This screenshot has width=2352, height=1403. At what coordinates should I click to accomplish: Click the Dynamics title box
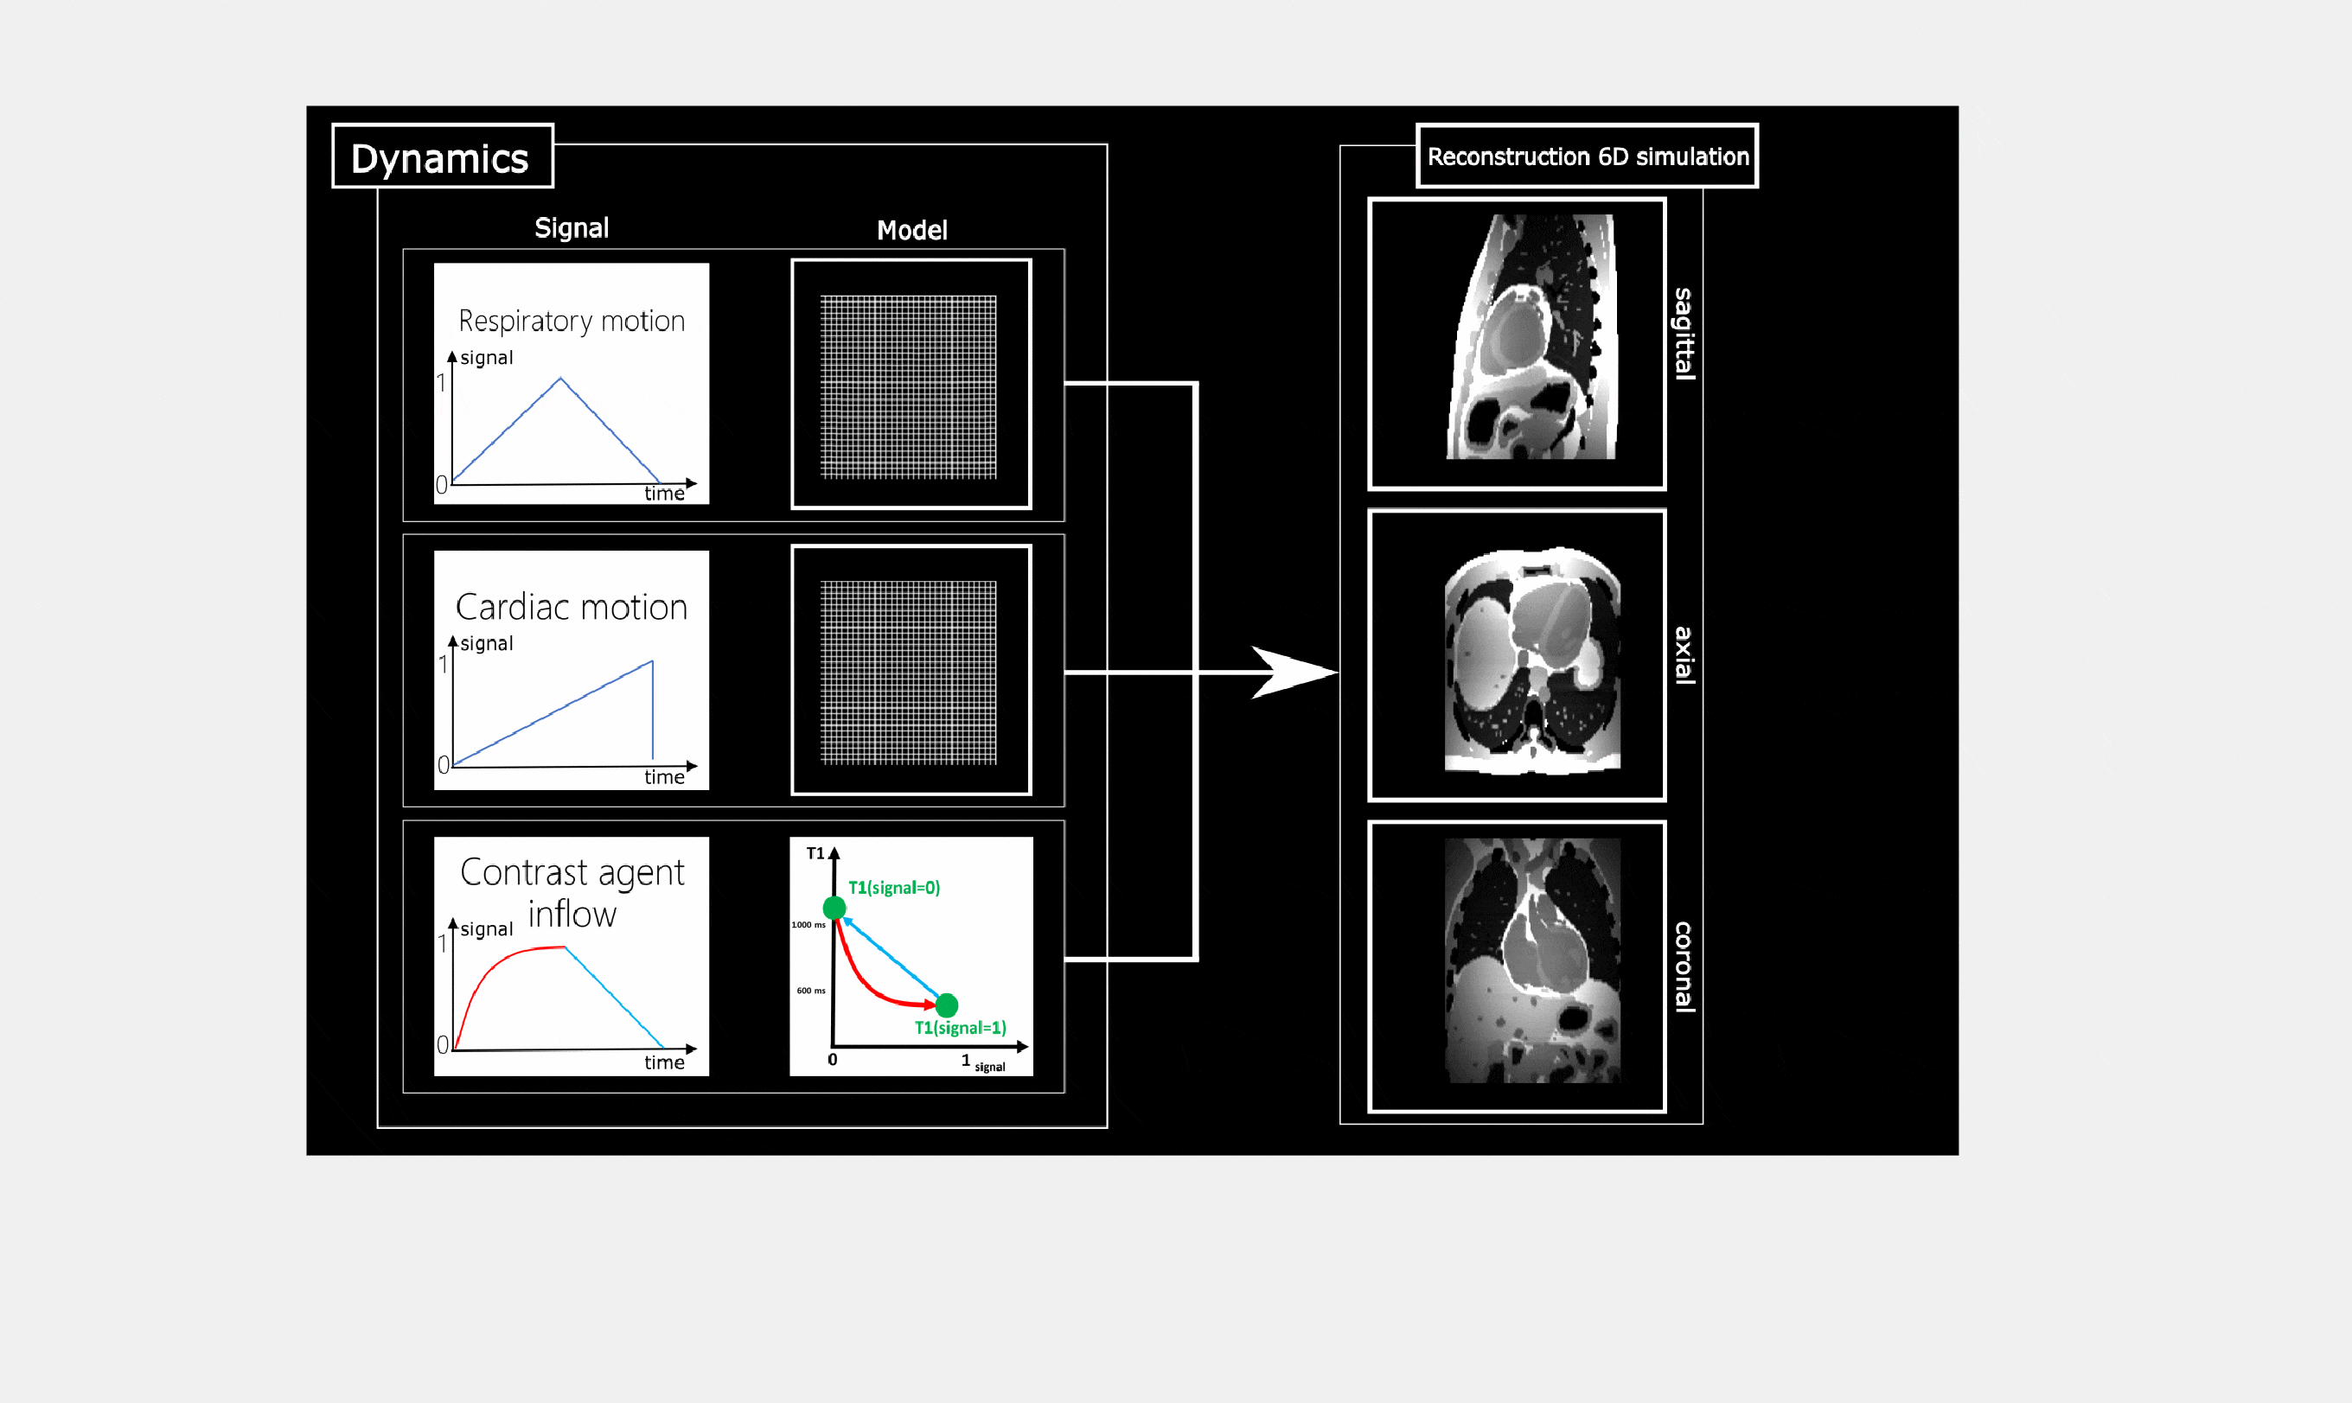click(x=442, y=158)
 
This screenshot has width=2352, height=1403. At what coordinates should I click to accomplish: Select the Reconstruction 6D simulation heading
click(x=1587, y=157)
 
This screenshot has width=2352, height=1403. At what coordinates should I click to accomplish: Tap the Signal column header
click(x=572, y=228)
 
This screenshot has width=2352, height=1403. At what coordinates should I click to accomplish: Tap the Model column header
click(x=911, y=230)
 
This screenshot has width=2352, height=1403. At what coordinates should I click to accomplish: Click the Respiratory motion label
click(x=572, y=322)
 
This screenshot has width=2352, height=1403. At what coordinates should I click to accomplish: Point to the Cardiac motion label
click(x=572, y=607)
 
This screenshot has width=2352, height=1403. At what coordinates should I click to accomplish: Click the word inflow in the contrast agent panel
click(x=572, y=915)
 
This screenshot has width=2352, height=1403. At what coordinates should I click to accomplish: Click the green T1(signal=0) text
click(x=894, y=888)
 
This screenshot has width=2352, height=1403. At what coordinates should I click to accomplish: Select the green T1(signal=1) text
click(x=960, y=1028)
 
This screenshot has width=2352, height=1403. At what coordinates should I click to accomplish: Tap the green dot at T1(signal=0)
click(x=834, y=909)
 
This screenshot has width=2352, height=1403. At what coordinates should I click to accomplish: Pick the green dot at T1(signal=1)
click(x=947, y=1005)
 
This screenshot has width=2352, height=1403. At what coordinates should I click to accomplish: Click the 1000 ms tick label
click(x=808, y=925)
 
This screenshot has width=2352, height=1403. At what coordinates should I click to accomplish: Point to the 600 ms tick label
click(x=810, y=991)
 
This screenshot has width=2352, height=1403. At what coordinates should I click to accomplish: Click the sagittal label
click(x=1684, y=334)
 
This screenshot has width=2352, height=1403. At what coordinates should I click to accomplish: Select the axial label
click(x=1684, y=655)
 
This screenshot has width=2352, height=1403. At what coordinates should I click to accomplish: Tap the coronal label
click(x=1684, y=966)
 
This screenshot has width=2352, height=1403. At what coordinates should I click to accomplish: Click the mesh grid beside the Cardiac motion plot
click(x=908, y=673)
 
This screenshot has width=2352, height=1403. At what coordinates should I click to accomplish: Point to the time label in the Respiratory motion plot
click(x=664, y=494)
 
